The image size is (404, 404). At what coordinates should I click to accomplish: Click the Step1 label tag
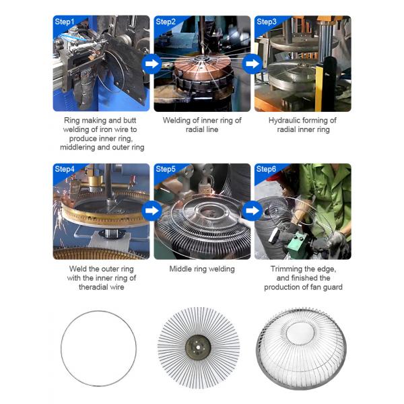coord(65,22)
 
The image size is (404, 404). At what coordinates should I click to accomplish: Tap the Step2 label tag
coord(166,22)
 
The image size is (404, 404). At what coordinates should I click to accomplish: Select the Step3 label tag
coord(267,22)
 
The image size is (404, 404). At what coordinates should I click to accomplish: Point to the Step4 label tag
coord(65,168)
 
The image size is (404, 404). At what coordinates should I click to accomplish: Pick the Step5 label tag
coord(166,168)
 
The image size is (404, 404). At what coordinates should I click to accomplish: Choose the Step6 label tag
coord(267,168)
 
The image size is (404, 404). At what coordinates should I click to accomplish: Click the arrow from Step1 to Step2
coord(151,65)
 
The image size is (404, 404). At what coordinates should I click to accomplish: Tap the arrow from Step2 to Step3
coord(252,65)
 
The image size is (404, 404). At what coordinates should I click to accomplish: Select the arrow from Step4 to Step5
coord(151,211)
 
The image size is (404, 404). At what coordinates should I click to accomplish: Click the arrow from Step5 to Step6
coord(252,211)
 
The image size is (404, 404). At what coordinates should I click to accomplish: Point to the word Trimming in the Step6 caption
coord(285,269)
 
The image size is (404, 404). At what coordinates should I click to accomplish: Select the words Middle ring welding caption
coord(201,269)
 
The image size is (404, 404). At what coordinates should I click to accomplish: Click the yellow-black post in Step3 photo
coord(329,84)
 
